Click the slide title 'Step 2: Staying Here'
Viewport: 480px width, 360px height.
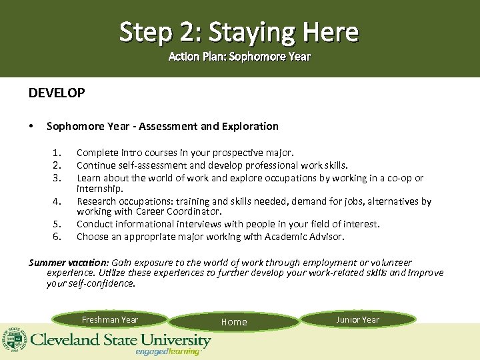(x=239, y=31)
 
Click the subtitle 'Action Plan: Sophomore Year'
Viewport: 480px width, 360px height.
(x=239, y=57)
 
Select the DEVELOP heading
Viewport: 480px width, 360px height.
(x=57, y=93)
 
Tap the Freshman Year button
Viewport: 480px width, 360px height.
(x=110, y=320)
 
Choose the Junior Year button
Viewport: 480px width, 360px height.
(x=357, y=320)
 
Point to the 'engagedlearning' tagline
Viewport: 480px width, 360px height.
(x=167, y=351)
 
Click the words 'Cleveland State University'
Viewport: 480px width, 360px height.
(x=120, y=340)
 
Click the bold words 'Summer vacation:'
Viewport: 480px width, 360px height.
(x=69, y=263)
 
